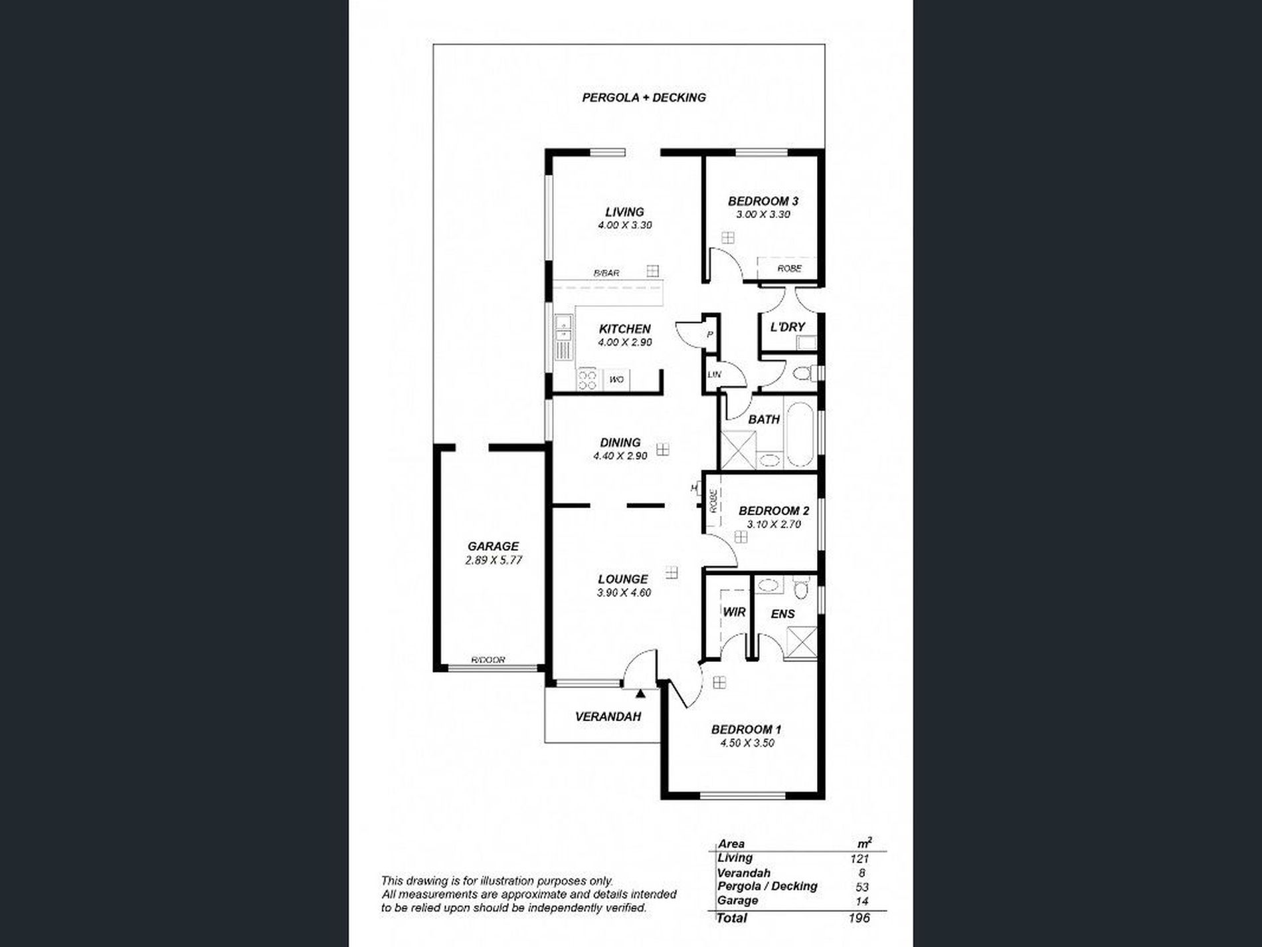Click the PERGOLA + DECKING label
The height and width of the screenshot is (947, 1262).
click(x=644, y=98)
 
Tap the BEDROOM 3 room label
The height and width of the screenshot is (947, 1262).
click(x=763, y=201)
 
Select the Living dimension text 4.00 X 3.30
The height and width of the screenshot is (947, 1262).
click(x=624, y=225)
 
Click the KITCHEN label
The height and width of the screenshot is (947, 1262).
click(x=624, y=329)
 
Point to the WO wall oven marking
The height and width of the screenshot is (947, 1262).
click(x=616, y=379)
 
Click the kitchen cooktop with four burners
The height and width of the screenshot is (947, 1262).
click(x=587, y=379)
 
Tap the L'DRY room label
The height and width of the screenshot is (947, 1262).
click(x=787, y=327)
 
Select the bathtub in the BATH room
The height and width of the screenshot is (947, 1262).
click(x=799, y=433)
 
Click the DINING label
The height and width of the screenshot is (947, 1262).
click(x=620, y=443)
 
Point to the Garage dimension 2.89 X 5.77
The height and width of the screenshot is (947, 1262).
click(x=493, y=560)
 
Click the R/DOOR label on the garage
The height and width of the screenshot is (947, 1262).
click(x=488, y=660)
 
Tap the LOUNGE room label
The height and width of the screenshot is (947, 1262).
click(x=622, y=579)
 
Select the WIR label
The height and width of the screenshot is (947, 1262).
click(x=734, y=612)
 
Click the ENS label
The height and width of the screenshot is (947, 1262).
click(x=782, y=614)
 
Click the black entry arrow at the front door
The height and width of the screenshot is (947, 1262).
click(x=640, y=694)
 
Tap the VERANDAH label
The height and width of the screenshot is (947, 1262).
click(x=608, y=716)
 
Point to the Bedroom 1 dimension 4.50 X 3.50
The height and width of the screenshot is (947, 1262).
click(x=747, y=743)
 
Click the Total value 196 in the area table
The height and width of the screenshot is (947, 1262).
click(x=858, y=918)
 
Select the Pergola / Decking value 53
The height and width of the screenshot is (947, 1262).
click(x=862, y=887)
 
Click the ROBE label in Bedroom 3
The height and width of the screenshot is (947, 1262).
click(x=789, y=268)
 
